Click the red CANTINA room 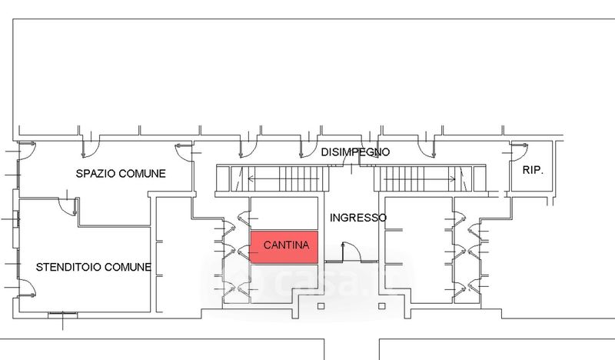285,246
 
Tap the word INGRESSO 357,218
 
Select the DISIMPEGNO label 355,152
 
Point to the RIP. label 533,169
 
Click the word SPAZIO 98,173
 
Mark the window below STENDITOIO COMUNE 61,314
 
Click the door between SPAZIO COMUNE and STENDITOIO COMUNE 71,206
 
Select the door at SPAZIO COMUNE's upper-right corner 183,150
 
